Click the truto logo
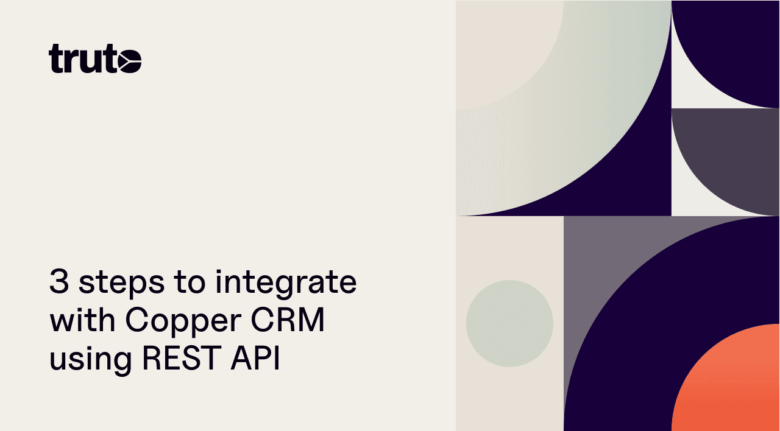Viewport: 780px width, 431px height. pyautogui.click(x=95, y=59)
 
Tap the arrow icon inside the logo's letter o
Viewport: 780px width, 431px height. pyautogui.click(x=130, y=61)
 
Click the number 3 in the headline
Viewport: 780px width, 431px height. pyautogui.click(x=58, y=282)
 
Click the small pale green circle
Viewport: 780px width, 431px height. pyautogui.click(x=509, y=323)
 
